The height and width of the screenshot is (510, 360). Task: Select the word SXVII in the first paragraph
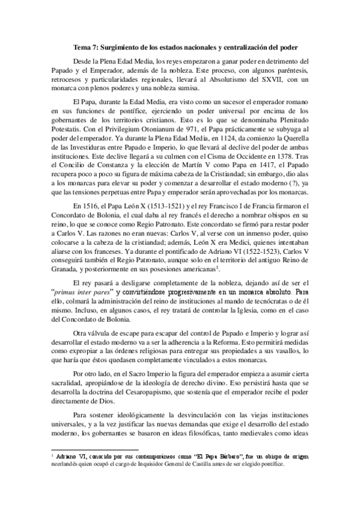click(259, 80)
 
